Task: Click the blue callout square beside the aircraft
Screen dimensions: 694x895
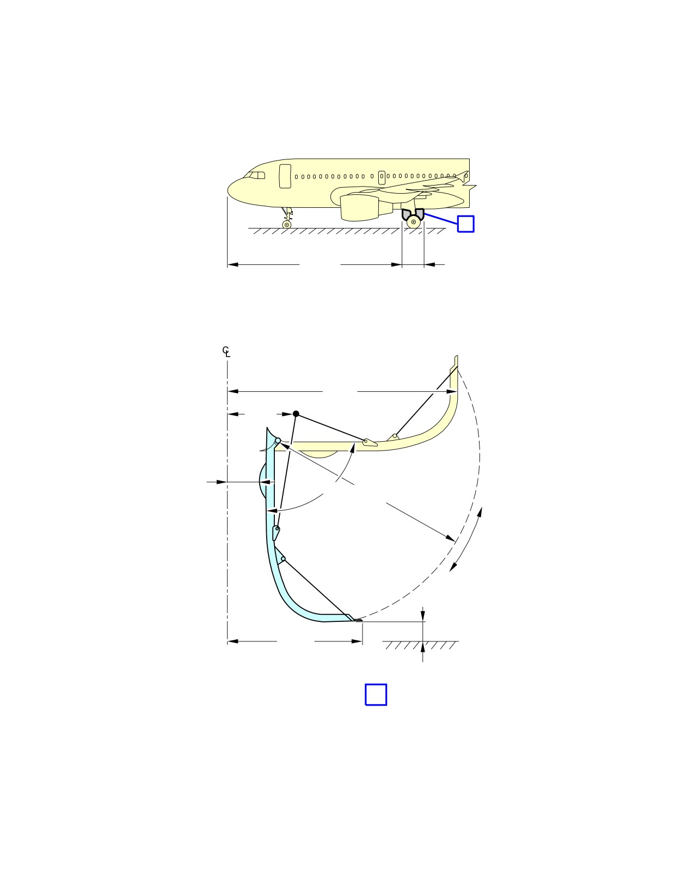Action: tap(465, 224)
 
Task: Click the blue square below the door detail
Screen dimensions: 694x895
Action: tap(376, 694)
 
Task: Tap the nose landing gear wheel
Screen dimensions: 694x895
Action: tap(287, 225)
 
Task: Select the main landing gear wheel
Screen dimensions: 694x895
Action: tap(414, 222)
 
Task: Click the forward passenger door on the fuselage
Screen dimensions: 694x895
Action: tap(285, 176)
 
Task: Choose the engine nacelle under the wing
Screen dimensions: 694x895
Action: tap(359, 208)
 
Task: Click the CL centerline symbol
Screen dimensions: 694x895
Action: tap(226, 351)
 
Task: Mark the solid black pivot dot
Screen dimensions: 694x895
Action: tap(296, 413)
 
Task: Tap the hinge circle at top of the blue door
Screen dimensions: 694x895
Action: tap(278, 441)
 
